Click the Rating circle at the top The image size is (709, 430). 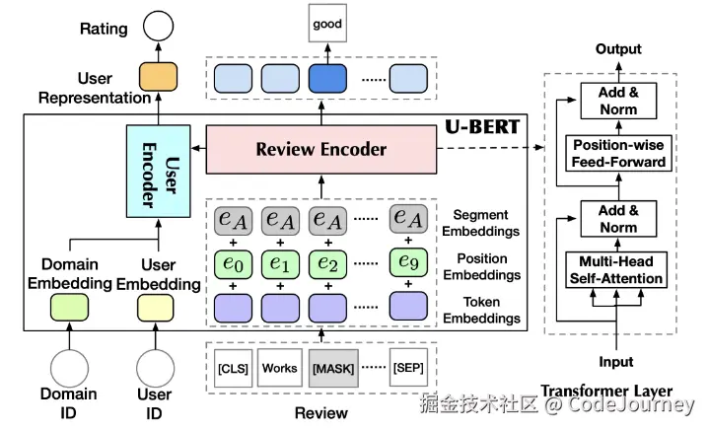pyautogui.click(x=160, y=27)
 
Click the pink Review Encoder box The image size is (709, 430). pyautogui.click(x=320, y=150)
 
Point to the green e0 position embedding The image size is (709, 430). pyautogui.click(x=232, y=264)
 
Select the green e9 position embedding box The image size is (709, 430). pyautogui.click(x=409, y=264)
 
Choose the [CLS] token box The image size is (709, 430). pyautogui.click(x=232, y=368)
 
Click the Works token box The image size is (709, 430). pyautogui.click(x=279, y=368)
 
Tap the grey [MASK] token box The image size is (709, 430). pyautogui.click(x=329, y=368)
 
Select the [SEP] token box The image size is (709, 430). pyautogui.click(x=408, y=368)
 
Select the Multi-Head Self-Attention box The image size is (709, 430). pyautogui.click(x=617, y=270)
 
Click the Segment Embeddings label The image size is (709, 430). pyautogui.click(x=481, y=222)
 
